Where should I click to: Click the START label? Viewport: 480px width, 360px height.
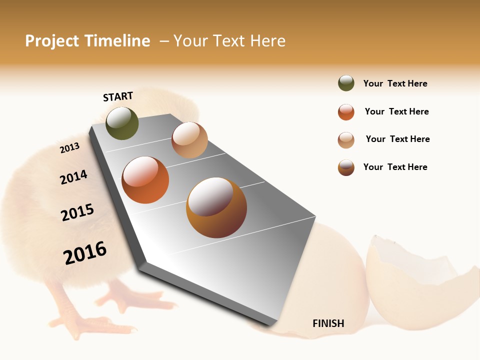[118, 96]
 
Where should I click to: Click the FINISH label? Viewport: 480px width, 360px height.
[328, 323]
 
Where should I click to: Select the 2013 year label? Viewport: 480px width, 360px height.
[69, 148]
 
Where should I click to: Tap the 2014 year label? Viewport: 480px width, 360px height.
[73, 177]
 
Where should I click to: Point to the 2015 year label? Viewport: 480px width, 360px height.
[77, 212]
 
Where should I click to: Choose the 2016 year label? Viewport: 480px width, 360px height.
[85, 252]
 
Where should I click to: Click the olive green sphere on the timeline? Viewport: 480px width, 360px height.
[122, 123]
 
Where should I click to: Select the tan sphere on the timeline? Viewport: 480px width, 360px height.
[189, 140]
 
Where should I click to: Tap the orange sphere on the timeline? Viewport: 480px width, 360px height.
[145, 180]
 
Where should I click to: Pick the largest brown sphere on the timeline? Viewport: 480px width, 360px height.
[216, 207]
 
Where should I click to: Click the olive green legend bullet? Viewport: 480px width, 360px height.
[346, 83]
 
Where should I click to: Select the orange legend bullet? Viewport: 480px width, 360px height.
[346, 112]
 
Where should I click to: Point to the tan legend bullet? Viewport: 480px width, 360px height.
[346, 140]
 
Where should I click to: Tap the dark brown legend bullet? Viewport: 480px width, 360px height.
[346, 167]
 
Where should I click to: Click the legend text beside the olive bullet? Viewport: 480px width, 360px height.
[395, 84]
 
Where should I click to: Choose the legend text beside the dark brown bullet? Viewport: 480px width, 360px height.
[395, 167]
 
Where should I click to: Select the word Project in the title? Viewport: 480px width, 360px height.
[51, 41]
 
